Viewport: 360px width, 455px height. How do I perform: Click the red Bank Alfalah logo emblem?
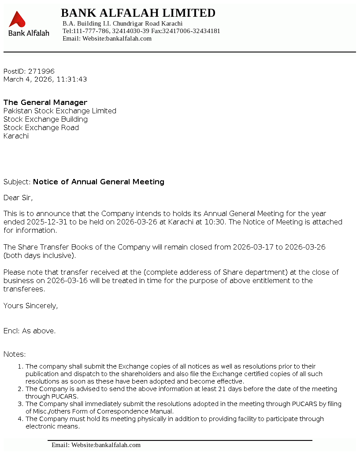pos(17,19)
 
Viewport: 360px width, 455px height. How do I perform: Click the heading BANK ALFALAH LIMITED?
pos(138,13)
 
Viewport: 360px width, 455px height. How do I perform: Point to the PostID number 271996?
pos(41,71)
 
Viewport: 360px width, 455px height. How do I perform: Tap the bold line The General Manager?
pos(45,103)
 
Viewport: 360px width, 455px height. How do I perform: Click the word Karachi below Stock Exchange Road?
pos(16,136)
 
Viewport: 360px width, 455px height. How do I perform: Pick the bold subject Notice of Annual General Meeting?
pos(99,182)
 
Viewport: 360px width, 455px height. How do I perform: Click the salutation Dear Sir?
pos(18,198)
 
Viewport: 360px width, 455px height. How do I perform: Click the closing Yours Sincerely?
pos(30,306)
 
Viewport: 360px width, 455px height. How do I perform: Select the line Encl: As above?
pos(30,331)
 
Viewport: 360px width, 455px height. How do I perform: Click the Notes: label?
pos(15,354)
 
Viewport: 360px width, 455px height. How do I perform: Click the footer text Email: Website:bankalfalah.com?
pos(96,445)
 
